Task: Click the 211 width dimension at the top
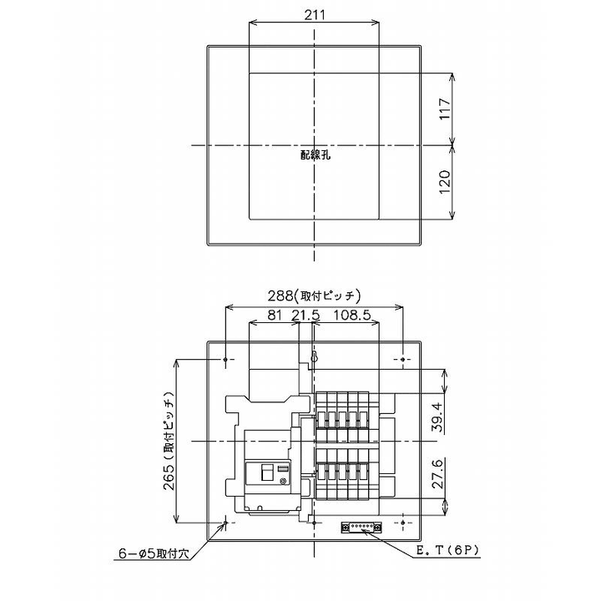[315, 15]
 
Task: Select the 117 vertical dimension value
[445, 109]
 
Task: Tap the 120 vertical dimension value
[445, 182]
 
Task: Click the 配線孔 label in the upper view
[315, 155]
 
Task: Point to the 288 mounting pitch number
[280, 295]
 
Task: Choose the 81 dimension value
[275, 316]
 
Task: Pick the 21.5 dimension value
[306, 316]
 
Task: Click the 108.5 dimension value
[351, 316]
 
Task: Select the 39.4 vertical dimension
[438, 417]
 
